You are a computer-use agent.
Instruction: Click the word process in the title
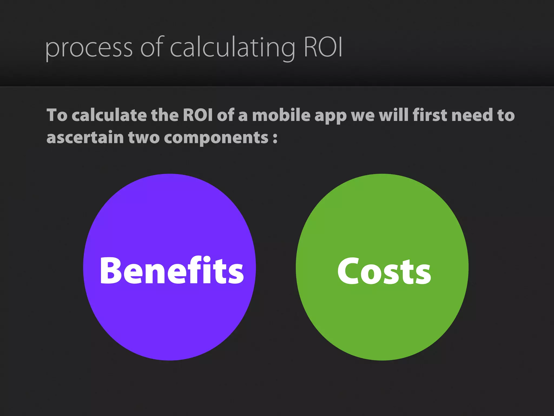point(89,48)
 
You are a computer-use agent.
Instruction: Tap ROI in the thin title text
point(323,47)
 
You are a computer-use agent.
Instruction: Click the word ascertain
point(85,137)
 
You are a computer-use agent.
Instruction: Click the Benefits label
point(172,270)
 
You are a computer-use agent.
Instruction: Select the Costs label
point(384,271)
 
